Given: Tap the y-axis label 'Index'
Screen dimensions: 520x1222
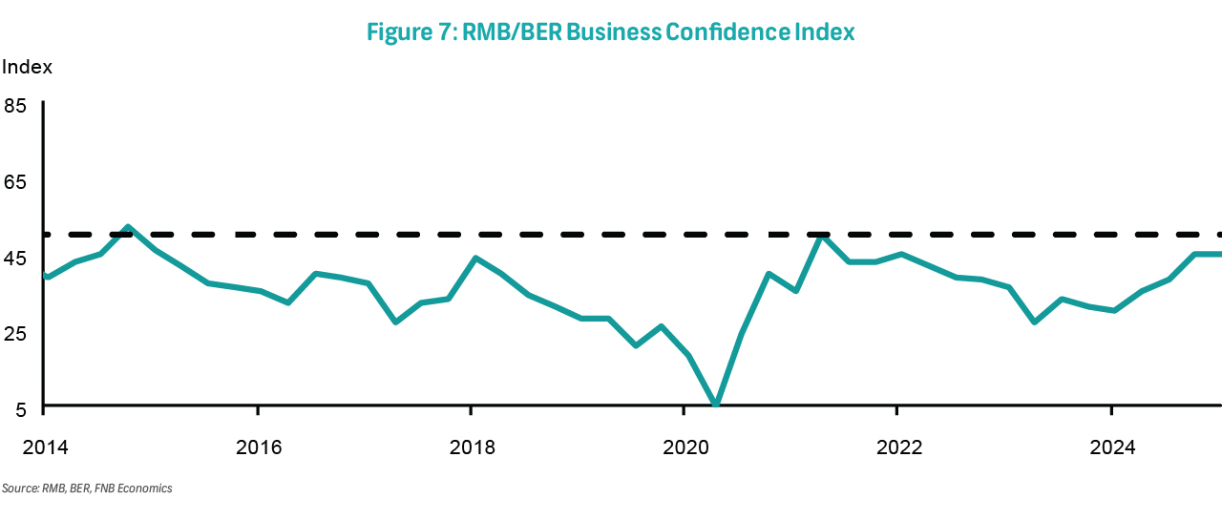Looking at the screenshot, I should pyautogui.click(x=27, y=68).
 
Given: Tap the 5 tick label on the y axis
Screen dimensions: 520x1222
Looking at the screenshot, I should pyautogui.click(x=20, y=408).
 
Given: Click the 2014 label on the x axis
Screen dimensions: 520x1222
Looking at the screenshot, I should pyautogui.click(x=44, y=447).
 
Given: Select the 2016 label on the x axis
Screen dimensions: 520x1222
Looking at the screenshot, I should pyautogui.click(x=258, y=447).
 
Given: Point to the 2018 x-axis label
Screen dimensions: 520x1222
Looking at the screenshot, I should pyautogui.click(x=471, y=447).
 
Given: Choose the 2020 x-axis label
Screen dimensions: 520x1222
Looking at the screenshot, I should pyautogui.click(x=684, y=447).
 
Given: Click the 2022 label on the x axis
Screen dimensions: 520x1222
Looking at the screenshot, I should pyautogui.click(x=897, y=447).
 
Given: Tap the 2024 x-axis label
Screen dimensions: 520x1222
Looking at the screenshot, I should pyautogui.click(x=1111, y=447).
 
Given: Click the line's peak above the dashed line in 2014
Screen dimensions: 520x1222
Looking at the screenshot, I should pyautogui.click(x=128, y=227).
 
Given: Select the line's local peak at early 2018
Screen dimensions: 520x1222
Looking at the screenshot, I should pyautogui.click(x=474, y=258).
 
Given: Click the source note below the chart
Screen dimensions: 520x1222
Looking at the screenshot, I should pyautogui.click(x=87, y=489).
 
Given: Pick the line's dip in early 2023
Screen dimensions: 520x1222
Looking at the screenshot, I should pyautogui.click(x=1034, y=322).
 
